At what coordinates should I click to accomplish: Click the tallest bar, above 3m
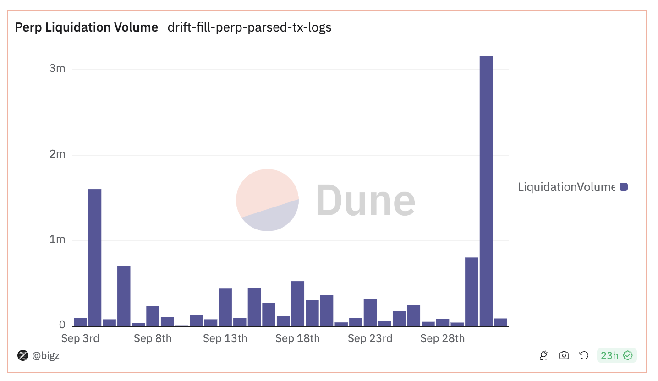[x=486, y=190]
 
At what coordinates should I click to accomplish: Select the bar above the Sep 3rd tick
[x=80, y=321]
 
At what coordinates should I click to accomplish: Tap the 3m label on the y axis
[x=57, y=69]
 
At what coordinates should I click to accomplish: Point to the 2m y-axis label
[x=57, y=154]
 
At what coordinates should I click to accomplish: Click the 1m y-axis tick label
[x=57, y=239]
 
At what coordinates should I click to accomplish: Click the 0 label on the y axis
[x=62, y=325]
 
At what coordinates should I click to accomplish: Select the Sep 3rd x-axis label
[x=80, y=339]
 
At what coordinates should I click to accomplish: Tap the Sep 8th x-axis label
[x=153, y=339]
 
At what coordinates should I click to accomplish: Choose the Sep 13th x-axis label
[x=225, y=339]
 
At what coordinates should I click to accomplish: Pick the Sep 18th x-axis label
[x=297, y=339]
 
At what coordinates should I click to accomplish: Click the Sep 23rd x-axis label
[x=370, y=339]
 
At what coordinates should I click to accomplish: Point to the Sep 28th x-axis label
[x=442, y=339]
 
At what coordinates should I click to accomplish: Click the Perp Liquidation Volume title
[x=87, y=27]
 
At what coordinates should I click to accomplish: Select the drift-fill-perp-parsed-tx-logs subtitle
[x=249, y=27]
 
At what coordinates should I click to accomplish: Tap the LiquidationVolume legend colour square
[x=623, y=187]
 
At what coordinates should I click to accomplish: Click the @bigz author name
[x=46, y=355]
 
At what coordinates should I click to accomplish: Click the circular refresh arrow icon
[x=584, y=355]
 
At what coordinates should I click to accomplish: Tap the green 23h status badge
[x=616, y=355]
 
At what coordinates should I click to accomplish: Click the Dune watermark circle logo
[x=267, y=200]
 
